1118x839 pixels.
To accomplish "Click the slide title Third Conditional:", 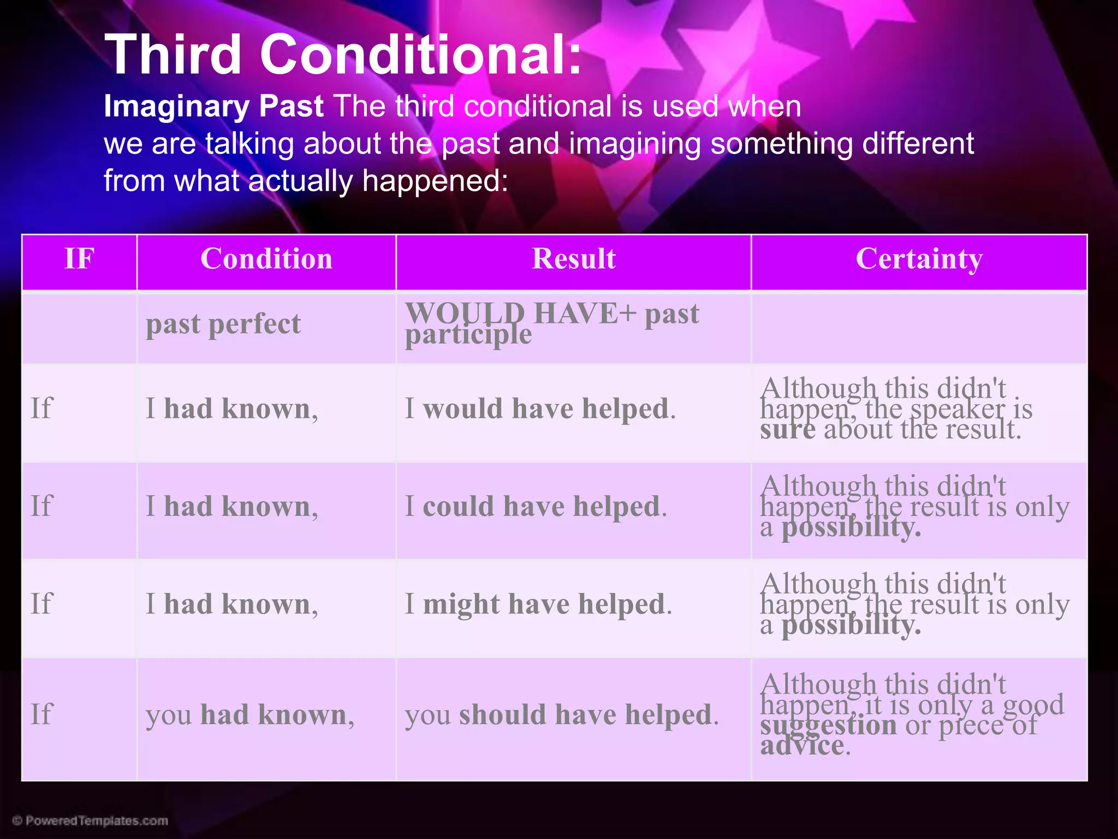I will [x=343, y=55].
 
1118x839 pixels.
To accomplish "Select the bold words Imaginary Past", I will [x=213, y=106].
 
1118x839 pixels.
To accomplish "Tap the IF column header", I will [x=79, y=258].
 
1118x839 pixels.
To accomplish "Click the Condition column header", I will [x=266, y=258].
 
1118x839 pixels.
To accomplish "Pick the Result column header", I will [x=573, y=258].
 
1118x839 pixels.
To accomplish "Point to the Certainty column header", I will [x=919, y=258].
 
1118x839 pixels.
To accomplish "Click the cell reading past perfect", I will [x=223, y=324].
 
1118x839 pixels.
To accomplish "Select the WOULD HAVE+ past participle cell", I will [x=551, y=323].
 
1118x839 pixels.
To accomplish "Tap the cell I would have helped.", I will [x=540, y=409].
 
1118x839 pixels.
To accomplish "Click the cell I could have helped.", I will [x=536, y=506].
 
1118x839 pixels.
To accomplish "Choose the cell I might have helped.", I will [x=538, y=604].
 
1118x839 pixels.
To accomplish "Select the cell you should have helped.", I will [x=562, y=714].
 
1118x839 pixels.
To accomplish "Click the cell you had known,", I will [x=250, y=714].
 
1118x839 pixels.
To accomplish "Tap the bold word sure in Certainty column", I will [x=787, y=429].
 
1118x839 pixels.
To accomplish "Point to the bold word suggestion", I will [x=828, y=725].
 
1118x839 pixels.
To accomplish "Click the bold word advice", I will [x=802, y=746].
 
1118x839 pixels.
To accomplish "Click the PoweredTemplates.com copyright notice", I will [x=91, y=820].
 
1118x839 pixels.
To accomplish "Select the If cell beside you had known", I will [x=41, y=714].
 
